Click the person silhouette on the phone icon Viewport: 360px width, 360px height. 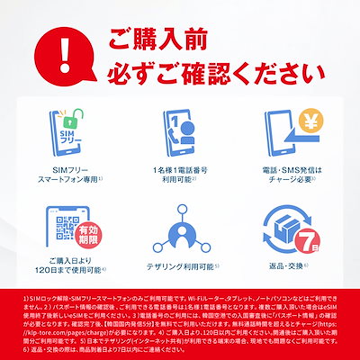click(178, 135)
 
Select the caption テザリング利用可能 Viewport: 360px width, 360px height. click(180, 267)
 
